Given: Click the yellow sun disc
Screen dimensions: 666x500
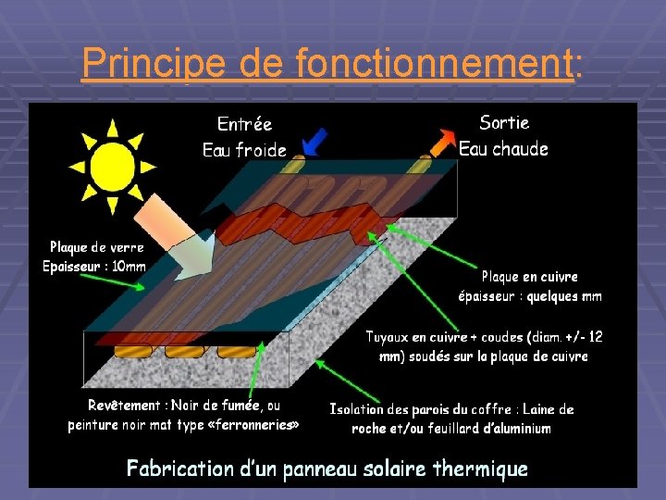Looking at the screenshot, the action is pos(109,165).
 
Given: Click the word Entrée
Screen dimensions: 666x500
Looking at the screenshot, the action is pos(244,124).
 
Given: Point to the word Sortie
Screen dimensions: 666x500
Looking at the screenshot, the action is pos(505,122).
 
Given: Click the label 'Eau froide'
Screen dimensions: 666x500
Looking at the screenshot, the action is pos(244,150).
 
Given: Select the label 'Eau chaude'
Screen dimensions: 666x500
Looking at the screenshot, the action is pos(504,149).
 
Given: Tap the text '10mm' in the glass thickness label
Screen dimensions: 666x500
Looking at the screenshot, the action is pos(129,267).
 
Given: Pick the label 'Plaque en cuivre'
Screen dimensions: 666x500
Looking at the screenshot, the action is pos(530,277).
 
